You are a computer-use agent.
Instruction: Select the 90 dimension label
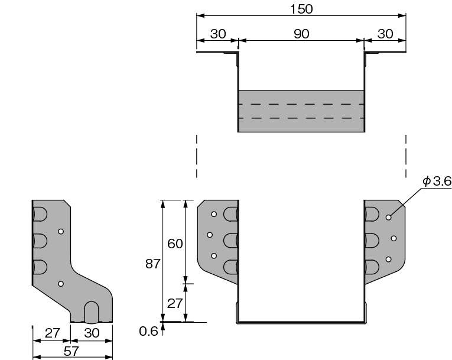click(301, 34)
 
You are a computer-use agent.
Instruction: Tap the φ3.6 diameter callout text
click(438, 181)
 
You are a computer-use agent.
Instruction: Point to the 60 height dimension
click(175, 243)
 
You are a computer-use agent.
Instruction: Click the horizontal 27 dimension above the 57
click(52, 333)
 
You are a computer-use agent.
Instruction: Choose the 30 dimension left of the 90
click(218, 34)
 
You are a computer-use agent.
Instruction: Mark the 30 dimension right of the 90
click(385, 34)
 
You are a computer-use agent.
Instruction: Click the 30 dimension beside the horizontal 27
click(92, 333)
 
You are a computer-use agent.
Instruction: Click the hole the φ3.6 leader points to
click(388, 217)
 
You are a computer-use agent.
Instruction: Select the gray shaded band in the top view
click(301, 111)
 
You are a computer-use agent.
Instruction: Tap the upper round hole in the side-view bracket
click(61, 232)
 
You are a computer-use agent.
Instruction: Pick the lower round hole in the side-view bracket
click(61, 284)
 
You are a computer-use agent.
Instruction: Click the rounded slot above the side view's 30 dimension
click(92, 311)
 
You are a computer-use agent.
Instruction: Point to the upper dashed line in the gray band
click(301, 104)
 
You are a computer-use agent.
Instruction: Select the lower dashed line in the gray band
click(301, 118)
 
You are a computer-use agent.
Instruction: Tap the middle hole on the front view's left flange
click(209, 235)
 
